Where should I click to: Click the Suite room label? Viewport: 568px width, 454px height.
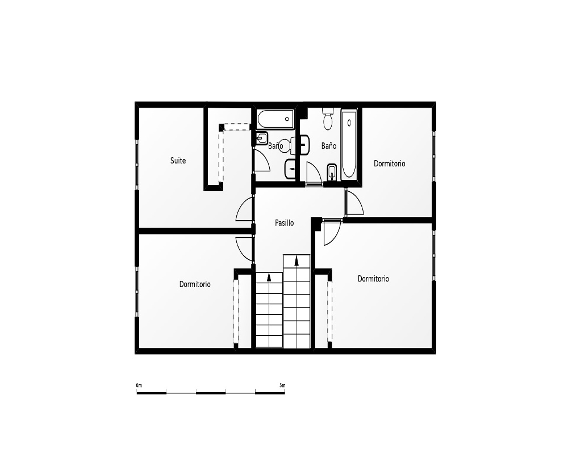point(178,161)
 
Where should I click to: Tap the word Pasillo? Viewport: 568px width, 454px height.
point(285,222)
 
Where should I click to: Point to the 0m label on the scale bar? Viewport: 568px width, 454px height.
point(139,385)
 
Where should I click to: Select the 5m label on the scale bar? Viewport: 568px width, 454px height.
point(282,385)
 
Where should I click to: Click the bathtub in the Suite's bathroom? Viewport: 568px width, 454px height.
point(275,120)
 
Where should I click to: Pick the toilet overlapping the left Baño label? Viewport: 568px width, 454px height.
point(286,145)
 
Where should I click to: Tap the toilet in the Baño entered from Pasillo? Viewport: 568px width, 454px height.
point(328,118)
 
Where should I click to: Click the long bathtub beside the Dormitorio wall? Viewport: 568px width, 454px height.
point(349,144)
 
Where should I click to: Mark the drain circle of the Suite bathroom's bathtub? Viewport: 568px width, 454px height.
point(287,119)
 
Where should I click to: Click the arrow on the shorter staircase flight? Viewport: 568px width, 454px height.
point(269,278)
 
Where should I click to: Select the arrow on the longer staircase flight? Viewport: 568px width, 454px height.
point(296,260)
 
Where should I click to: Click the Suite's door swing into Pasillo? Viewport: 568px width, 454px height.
point(244,209)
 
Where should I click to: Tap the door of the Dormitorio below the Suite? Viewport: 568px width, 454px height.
point(244,249)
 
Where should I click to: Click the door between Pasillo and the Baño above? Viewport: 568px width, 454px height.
point(314,174)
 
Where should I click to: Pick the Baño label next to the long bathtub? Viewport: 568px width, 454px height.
point(329,146)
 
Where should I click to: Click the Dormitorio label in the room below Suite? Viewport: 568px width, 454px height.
point(195,284)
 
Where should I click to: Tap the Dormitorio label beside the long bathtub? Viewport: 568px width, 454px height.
point(390,163)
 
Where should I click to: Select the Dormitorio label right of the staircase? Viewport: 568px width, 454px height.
point(374,279)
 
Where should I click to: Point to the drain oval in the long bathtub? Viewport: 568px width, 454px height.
point(349,123)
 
